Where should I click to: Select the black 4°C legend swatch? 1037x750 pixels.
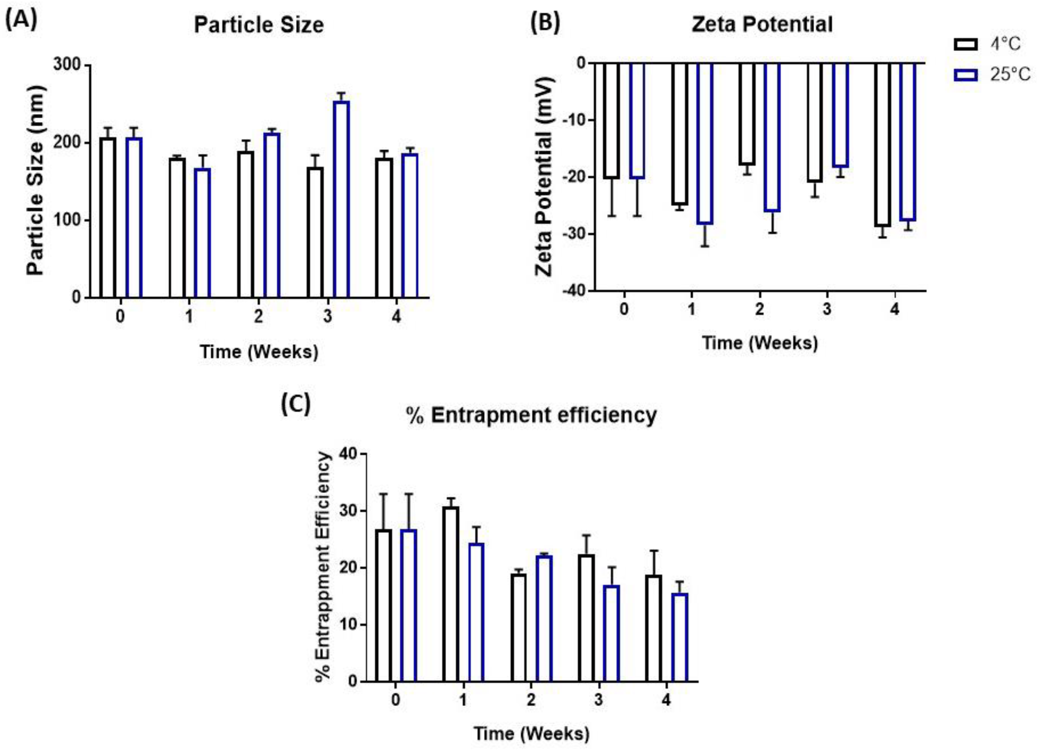[965, 45]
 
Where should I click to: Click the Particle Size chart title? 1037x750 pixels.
[259, 25]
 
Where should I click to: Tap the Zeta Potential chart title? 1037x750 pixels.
[762, 24]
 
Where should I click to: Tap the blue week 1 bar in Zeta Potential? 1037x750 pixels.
[704, 143]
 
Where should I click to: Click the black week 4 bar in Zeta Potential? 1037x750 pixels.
[882, 144]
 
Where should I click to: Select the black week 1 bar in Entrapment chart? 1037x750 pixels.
[450, 595]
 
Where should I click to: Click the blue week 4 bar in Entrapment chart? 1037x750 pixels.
[679, 637]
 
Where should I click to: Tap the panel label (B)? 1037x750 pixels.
[545, 23]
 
